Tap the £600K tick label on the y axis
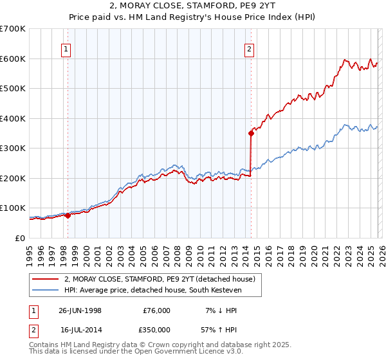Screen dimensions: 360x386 click(13, 59)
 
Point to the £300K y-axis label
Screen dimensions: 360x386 click(13, 148)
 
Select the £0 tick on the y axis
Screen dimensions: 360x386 click(21, 238)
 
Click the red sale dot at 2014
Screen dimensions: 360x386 click(251, 133)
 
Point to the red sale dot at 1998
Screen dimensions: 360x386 click(68, 215)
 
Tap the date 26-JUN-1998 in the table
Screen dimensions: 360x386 click(80, 310)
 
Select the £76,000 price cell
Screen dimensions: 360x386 click(156, 310)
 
